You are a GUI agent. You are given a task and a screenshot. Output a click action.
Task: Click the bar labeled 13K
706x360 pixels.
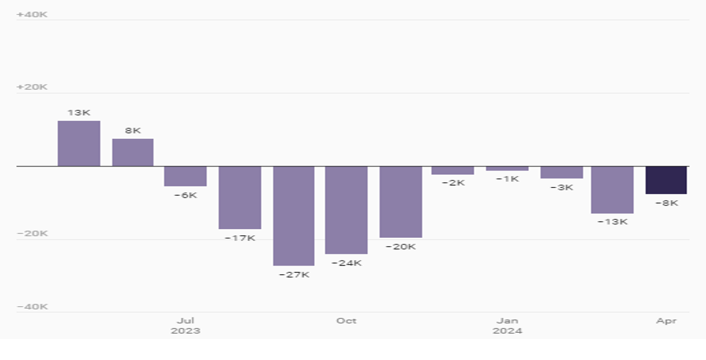(x=79, y=143)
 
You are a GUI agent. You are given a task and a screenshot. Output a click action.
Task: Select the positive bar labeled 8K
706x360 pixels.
(x=133, y=153)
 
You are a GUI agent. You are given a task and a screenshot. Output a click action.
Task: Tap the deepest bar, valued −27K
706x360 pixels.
(x=294, y=216)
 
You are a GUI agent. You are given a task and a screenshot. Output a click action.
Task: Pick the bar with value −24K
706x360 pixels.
(x=346, y=210)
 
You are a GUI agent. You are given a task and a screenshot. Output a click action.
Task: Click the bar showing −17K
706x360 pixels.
(x=240, y=198)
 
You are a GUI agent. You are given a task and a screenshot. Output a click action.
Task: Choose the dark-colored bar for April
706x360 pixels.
(x=666, y=180)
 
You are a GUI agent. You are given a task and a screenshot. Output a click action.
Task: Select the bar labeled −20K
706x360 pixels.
(x=401, y=202)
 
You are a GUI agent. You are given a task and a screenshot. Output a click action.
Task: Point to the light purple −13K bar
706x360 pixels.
(x=612, y=190)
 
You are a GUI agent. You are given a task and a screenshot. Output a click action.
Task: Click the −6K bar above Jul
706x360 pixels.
(x=185, y=176)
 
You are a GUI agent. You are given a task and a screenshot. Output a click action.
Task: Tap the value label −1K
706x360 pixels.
(x=507, y=179)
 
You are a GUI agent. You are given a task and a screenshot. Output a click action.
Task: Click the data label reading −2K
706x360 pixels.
(x=453, y=183)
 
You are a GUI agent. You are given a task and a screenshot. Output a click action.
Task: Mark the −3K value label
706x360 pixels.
(x=562, y=187)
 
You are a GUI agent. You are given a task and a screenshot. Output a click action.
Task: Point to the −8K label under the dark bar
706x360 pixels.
(x=666, y=203)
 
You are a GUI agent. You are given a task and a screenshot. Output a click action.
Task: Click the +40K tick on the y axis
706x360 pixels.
(x=32, y=14)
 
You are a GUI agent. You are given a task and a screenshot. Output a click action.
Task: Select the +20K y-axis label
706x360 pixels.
(x=32, y=87)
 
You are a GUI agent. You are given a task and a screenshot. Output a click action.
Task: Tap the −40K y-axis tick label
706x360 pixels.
(x=32, y=307)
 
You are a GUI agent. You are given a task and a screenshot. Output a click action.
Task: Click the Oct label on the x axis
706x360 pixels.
(x=346, y=320)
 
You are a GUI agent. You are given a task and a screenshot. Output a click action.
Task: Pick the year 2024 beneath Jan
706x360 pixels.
(x=507, y=331)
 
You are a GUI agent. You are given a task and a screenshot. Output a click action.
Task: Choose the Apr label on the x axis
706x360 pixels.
(x=666, y=320)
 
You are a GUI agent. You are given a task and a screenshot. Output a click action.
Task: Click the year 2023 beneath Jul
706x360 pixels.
(x=185, y=331)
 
